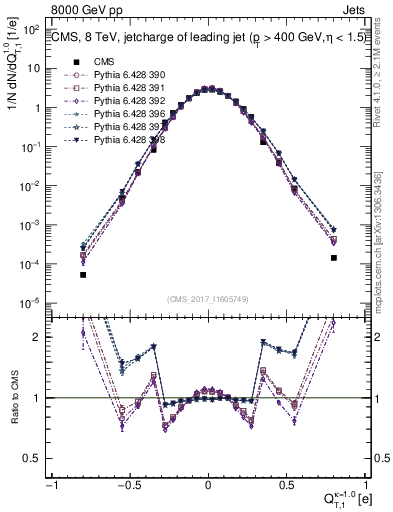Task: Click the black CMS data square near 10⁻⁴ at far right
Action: click(334, 258)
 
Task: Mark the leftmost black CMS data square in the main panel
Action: click(83, 275)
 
